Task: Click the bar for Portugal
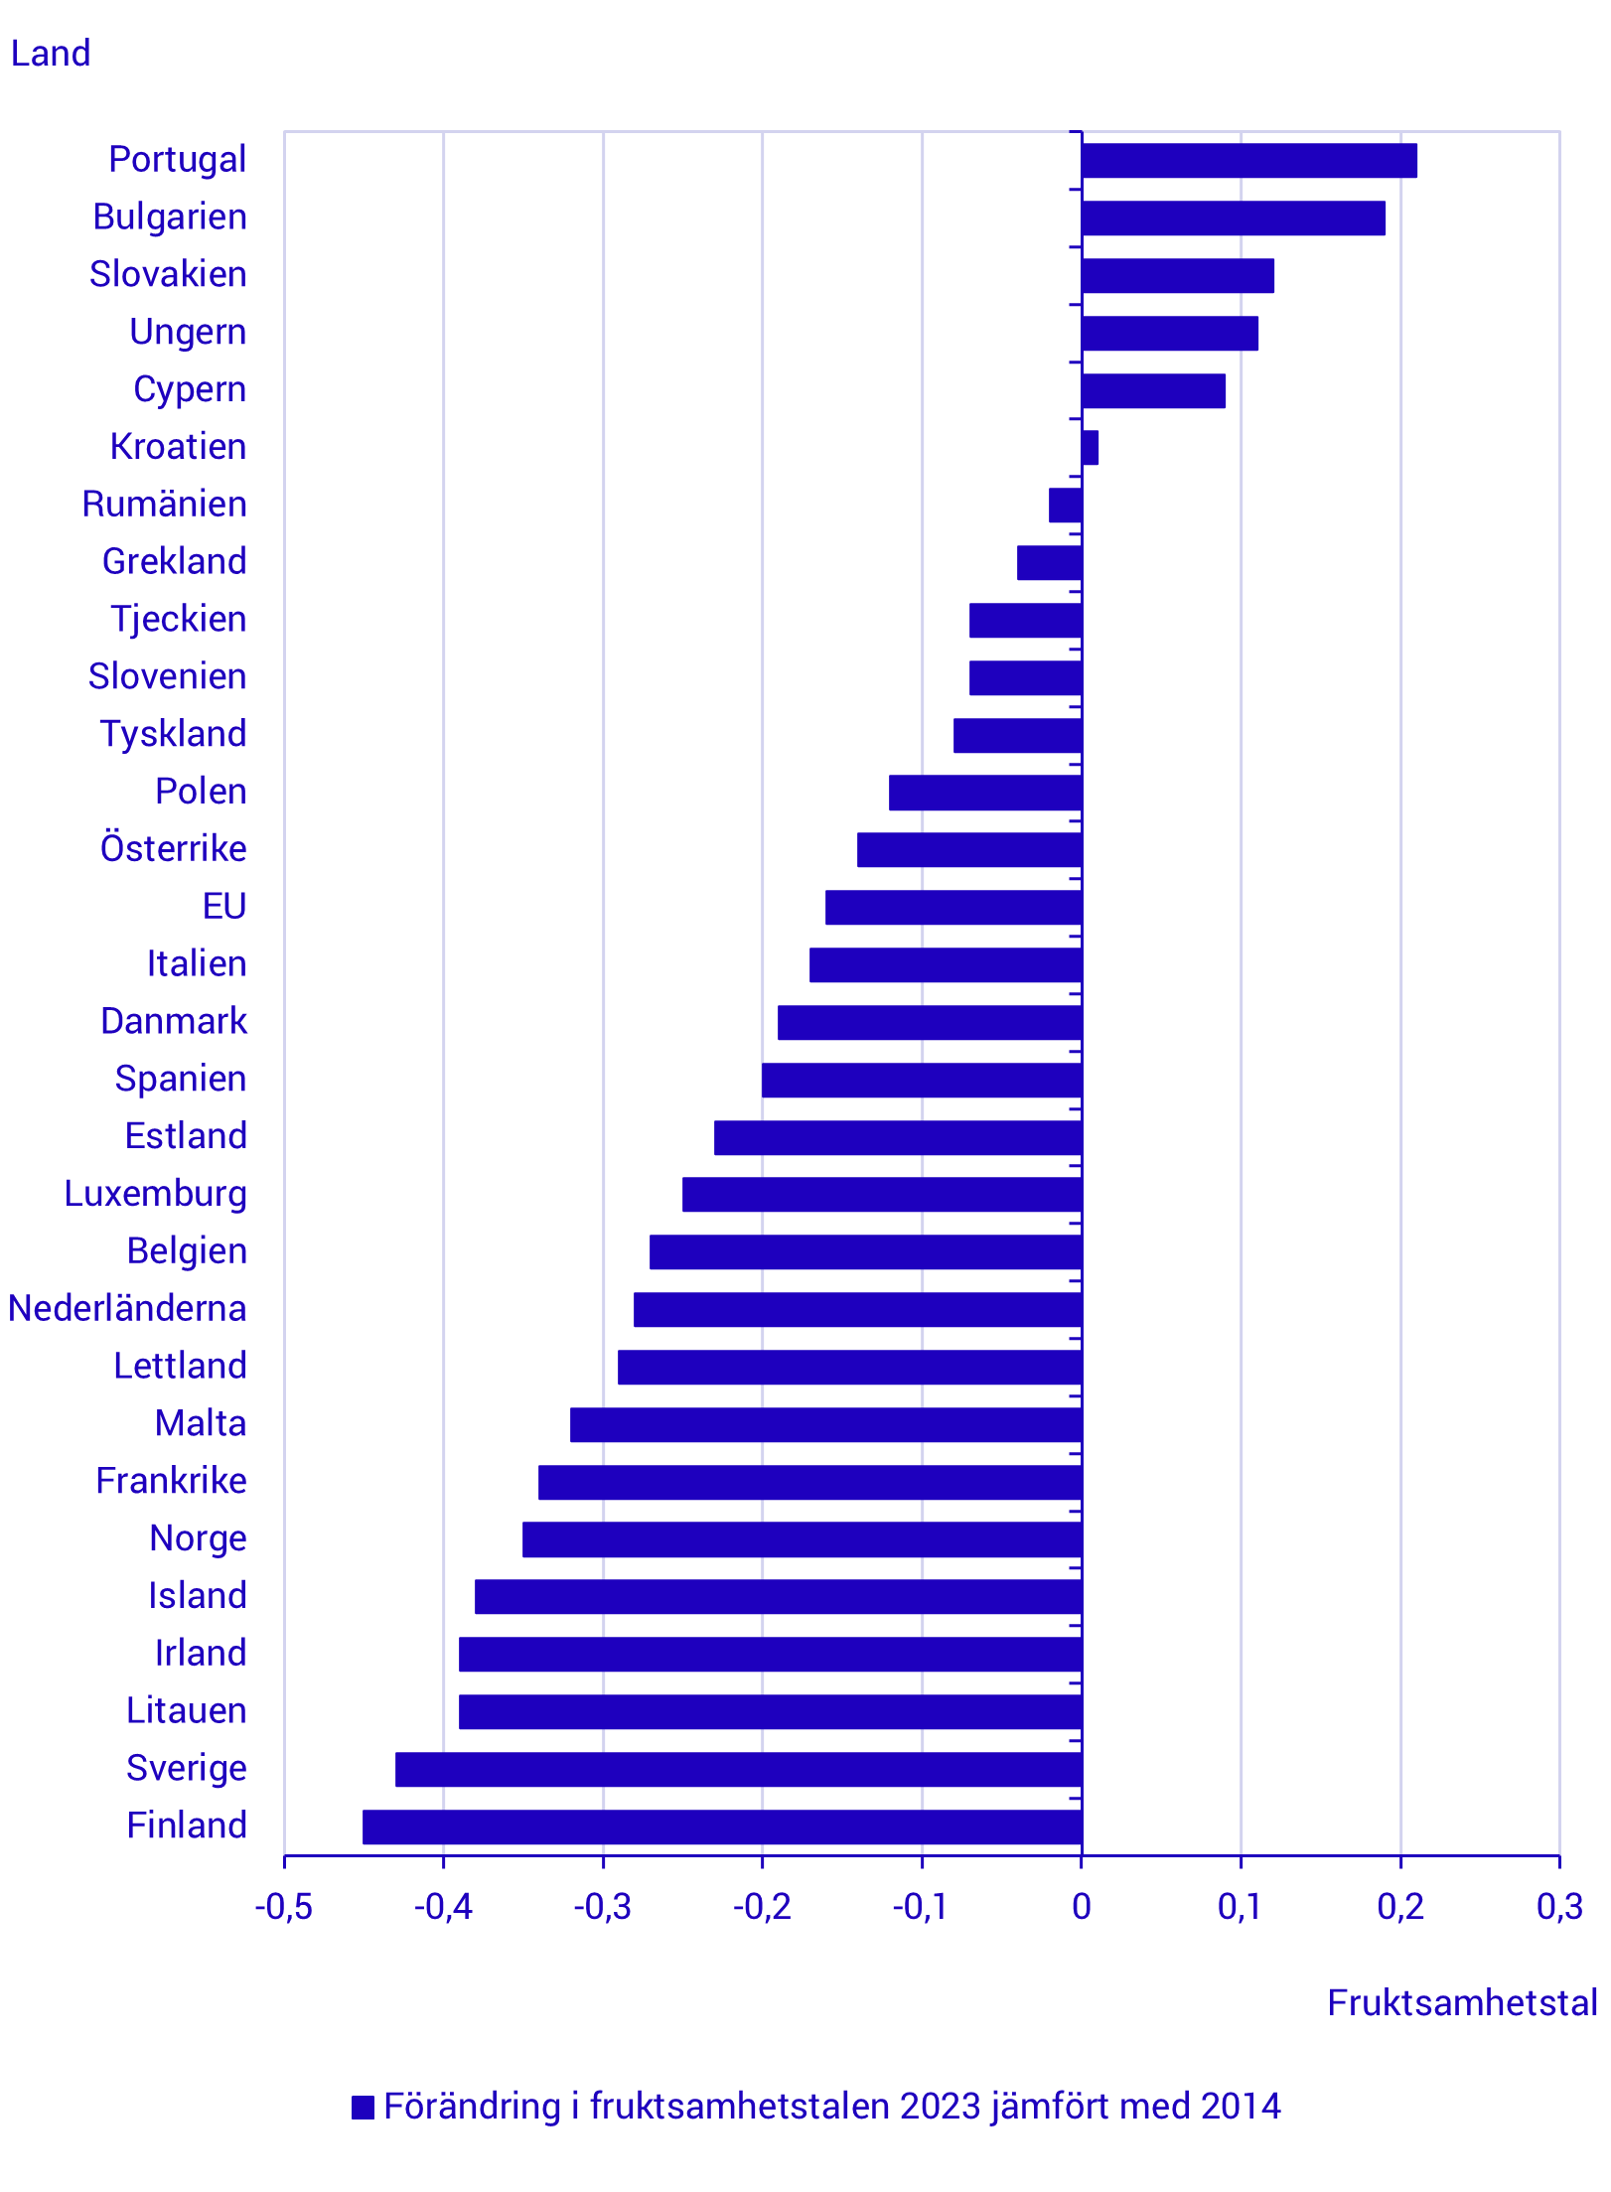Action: [x=1248, y=161]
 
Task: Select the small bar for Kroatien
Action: [x=1090, y=448]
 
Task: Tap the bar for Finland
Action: [x=722, y=1827]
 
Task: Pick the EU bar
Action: [x=953, y=908]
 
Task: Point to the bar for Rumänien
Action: [x=1065, y=506]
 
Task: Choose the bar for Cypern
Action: [x=1153, y=391]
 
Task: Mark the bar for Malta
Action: [x=825, y=1424]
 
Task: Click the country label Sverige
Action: [x=187, y=1769]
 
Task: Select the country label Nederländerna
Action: [x=127, y=1309]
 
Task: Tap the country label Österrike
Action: [x=174, y=849]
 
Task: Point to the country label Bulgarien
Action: [x=170, y=218]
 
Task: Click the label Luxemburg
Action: [x=156, y=1194]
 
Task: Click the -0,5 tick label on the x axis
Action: [x=283, y=1907]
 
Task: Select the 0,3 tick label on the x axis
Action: [x=1559, y=1907]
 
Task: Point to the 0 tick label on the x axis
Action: [x=1082, y=1907]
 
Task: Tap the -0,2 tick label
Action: [x=762, y=1907]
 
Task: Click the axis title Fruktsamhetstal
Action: [x=1462, y=2003]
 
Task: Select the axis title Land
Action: [x=51, y=54]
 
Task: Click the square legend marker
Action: [x=364, y=2108]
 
